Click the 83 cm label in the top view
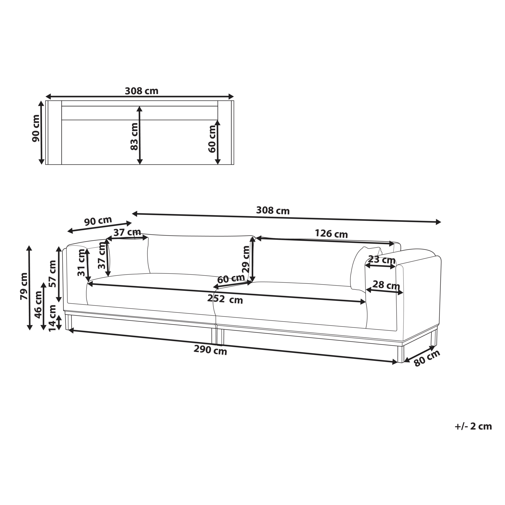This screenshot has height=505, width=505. (134, 136)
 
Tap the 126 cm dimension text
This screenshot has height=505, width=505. (331, 234)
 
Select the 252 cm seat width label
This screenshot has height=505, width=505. (225, 299)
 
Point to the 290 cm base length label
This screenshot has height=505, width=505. (210, 350)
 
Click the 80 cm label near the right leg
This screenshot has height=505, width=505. (427, 358)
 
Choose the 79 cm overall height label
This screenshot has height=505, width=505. (24, 286)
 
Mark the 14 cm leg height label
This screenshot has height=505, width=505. (52, 318)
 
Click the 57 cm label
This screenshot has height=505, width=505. (52, 273)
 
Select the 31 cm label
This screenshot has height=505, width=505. (81, 263)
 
